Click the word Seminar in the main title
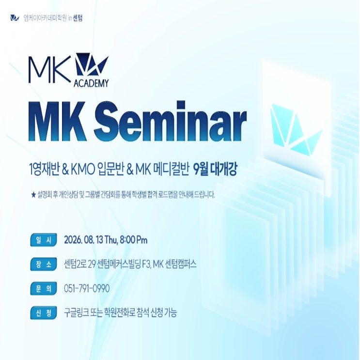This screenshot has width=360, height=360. click(x=171, y=122)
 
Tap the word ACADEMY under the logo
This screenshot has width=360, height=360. click(x=91, y=83)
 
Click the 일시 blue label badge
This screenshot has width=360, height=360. click(x=44, y=240)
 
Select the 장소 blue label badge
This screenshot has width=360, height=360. click(x=44, y=264)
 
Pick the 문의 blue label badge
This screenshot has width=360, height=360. click(x=44, y=288)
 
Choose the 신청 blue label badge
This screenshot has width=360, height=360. click(x=44, y=313)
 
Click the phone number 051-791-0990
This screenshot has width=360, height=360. click(x=87, y=289)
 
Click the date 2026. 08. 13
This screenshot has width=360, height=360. click(x=83, y=240)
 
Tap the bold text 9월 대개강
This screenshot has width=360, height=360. click(x=215, y=170)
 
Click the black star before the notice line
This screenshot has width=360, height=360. click(x=33, y=195)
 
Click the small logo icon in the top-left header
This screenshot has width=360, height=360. click(x=15, y=18)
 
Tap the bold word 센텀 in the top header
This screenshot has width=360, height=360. click(x=78, y=18)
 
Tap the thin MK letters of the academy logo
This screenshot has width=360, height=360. click(x=49, y=69)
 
